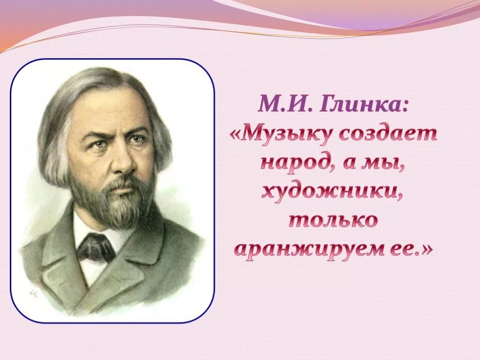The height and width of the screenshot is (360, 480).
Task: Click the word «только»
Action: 333,220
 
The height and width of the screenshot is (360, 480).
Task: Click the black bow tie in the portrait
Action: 96,247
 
